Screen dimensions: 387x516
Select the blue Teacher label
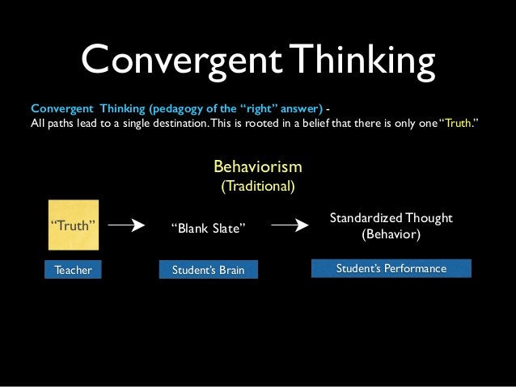pos(73,270)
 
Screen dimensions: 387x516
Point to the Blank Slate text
pos(207,228)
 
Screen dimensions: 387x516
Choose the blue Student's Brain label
pos(208,270)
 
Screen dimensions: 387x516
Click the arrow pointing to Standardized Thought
pos(290,226)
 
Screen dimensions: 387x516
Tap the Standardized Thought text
pos(391,219)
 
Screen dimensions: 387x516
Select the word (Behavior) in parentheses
pos(391,235)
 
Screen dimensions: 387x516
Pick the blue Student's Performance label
pos(391,268)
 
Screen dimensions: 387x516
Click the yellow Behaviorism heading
pos(257,166)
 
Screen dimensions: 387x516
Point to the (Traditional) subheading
pos(258,186)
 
